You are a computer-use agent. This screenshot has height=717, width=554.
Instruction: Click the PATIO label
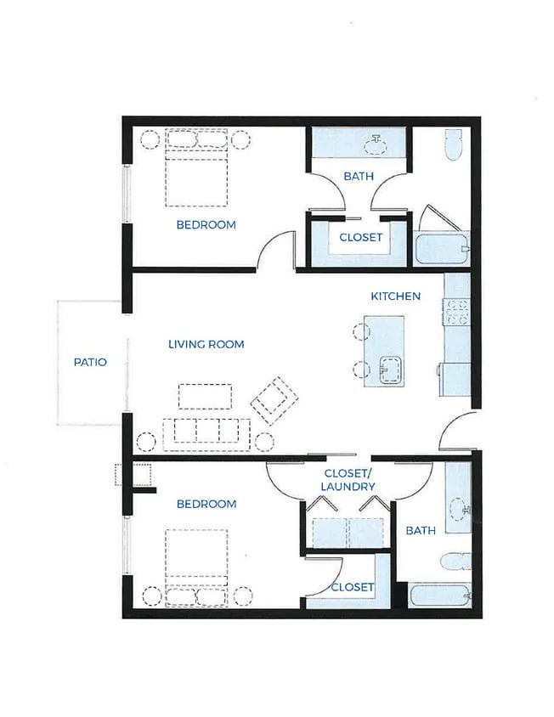click(90, 362)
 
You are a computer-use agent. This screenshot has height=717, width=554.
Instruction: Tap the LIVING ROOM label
click(206, 344)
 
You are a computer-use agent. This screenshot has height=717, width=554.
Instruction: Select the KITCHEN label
click(396, 296)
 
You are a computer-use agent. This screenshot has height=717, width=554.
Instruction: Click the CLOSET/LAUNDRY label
click(348, 480)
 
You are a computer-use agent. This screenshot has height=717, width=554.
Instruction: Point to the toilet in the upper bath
click(454, 145)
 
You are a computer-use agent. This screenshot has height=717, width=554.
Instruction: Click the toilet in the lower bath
click(455, 561)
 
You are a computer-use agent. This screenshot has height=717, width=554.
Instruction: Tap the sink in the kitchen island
click(391, 370)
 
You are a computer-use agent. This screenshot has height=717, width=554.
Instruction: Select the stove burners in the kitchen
click(456, 312)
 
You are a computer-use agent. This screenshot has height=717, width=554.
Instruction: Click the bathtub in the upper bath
click(442, 249)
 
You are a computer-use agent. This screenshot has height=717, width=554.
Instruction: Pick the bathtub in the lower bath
click(440, 595)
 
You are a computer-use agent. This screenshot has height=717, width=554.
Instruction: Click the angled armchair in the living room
click(274, 401)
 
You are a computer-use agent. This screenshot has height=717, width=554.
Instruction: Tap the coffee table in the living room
click(205, 397)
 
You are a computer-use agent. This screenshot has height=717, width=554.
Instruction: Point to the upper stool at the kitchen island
click(361, 331)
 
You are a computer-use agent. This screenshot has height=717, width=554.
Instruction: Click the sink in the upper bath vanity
click(375, 144)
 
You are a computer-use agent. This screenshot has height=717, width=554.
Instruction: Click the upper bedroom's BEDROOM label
click(206, 225)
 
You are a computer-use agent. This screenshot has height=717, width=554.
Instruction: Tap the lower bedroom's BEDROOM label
click(206, 504)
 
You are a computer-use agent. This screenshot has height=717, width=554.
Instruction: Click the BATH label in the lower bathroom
click(421, 530)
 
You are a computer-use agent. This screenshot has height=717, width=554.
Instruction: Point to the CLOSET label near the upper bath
click(361, 237)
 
